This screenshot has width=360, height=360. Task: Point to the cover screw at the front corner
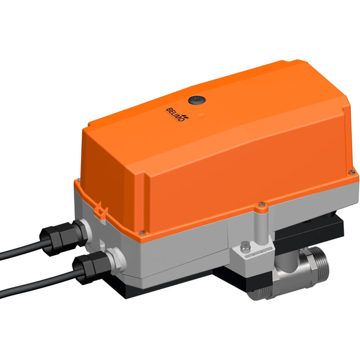[x=142, y=232]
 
